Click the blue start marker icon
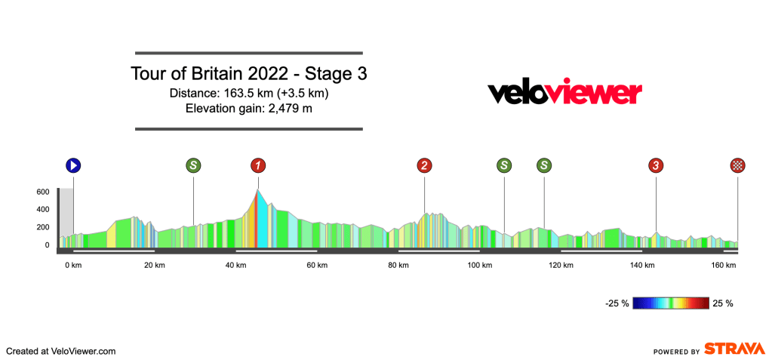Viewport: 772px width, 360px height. click(73, 165)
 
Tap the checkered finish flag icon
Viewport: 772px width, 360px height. click(737, 165)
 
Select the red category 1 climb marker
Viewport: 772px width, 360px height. click(258, 165)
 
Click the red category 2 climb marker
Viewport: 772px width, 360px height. click(424, 165)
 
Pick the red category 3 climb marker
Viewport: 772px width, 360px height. click(657, 165)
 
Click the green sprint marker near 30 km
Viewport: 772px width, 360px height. click(194, 165)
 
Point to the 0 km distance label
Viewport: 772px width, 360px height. click(72, 265)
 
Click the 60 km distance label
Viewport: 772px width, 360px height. click(317, 265)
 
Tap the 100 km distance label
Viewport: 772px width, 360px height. click(479, 265)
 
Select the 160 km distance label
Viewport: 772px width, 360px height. click(724, 265)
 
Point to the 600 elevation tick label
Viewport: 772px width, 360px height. click(42, 192)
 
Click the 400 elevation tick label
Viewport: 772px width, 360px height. click(42, 210)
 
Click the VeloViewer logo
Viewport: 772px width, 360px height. click(564, 93)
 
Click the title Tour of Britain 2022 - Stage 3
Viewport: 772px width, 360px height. click(249, 75)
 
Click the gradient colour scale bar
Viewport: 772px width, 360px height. click(672, 303)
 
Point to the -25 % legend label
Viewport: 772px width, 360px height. click(617, 303)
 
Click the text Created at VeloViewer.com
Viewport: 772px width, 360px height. click(60, 351)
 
